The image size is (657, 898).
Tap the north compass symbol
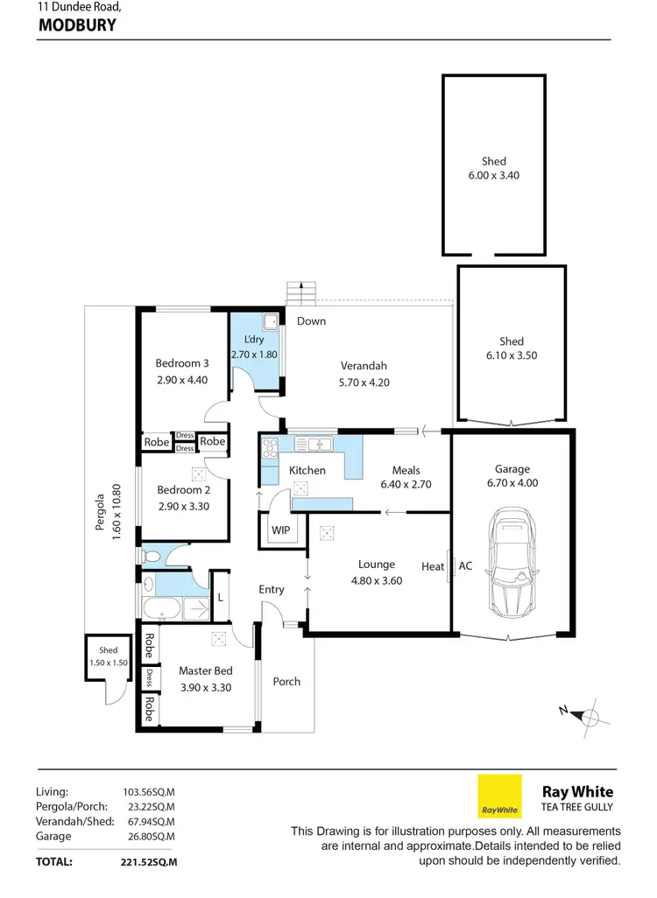(x=590, y=716)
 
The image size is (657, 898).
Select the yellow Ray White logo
(x=499, y=796)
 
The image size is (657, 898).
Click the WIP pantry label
(x=280, y=530)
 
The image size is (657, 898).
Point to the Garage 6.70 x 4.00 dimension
(x=512, y=483)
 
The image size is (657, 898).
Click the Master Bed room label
(x=205, y=671)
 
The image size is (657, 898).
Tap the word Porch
(x=286, y=682)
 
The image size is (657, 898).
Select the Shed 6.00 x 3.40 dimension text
(x=494, y=175)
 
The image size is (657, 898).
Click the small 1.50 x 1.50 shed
(x=108, y=663)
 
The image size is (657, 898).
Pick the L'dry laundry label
(x=254, y=340)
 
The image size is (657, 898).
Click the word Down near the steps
(x=311, y=321)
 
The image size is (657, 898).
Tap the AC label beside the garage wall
(x=465, y=566)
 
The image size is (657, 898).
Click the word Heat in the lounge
(x=433, y=566)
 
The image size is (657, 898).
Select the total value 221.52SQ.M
(x=149, y=862)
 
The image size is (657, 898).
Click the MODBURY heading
(x=77, y=25)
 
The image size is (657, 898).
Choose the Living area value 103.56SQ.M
(x=149, y=791)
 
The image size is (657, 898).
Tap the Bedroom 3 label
(x=182, y=364)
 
